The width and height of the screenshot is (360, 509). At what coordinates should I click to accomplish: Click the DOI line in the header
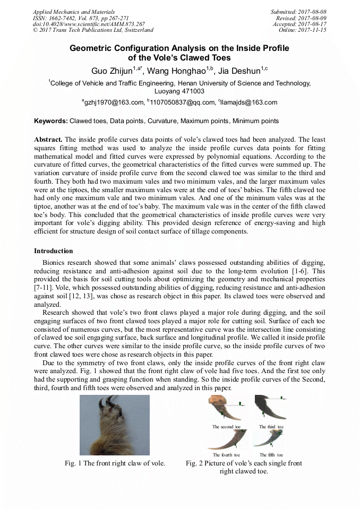point(89,24)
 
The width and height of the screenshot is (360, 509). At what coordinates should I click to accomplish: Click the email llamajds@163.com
point(248,102)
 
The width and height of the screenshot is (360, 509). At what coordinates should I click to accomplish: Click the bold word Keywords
point(51,121)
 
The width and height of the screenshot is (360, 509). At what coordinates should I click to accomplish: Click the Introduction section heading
point(54,251)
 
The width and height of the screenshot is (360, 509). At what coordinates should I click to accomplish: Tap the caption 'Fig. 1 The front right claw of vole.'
point(115,463)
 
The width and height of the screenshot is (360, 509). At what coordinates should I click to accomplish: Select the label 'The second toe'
point(226,427)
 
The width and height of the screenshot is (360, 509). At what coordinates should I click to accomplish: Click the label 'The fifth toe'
point(271,455)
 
